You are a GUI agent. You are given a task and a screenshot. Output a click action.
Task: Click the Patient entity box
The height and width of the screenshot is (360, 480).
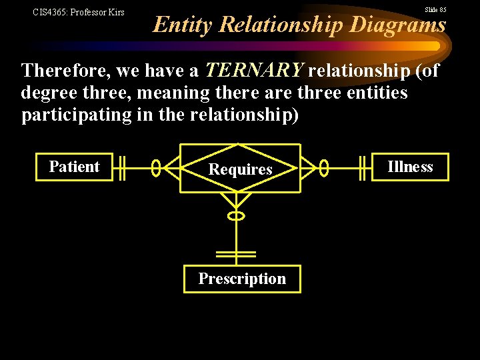point(74,167)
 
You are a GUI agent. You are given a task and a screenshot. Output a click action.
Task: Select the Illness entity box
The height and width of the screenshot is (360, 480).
point(410,167)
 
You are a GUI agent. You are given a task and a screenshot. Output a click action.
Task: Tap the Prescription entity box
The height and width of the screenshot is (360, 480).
point(242,279)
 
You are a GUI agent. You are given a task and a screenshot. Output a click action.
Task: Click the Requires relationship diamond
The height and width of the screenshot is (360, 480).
point(240,169)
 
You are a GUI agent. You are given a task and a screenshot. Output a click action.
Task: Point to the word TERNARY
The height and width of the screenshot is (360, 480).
point(254,70)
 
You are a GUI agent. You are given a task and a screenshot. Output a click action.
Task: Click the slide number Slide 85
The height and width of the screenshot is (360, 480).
point(435,10)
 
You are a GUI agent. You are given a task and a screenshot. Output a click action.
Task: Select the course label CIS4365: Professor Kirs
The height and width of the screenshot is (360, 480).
point(79,12)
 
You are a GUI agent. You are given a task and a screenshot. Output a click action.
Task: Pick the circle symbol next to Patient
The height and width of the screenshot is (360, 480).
point(156,168)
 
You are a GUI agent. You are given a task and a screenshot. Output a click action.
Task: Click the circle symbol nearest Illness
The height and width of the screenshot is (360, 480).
point(324,168)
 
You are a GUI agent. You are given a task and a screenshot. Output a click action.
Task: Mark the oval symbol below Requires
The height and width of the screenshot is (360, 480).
point(236,215)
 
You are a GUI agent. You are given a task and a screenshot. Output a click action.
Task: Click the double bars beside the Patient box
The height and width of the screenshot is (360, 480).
point(119,168)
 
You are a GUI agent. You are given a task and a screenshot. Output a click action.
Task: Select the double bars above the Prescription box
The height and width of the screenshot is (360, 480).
point(236,254)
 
